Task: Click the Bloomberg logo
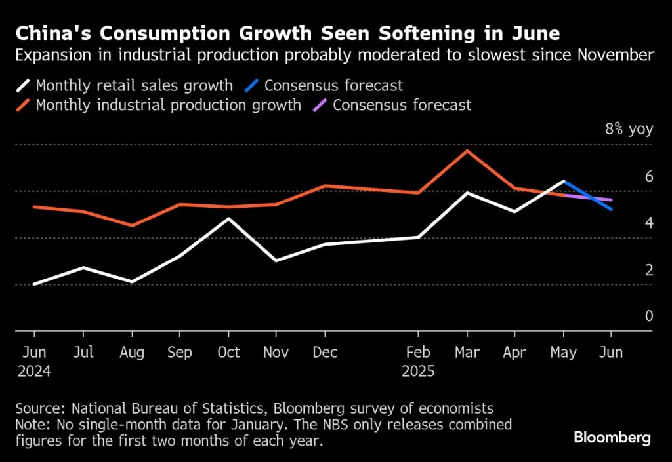click(612, 437)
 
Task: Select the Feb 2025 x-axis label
click(418, 361)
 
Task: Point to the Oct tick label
click(228, 353)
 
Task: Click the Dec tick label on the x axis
click(325, 353)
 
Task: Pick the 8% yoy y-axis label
click(629, 129)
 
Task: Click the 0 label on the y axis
click(649, 317)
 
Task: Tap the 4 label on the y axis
click(649, 223)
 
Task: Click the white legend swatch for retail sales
click(24, 85)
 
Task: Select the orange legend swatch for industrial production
click(24, 105)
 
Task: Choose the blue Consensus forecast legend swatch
click(251, 85)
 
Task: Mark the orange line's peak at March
click(467, 151)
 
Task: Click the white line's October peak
click(228, 218)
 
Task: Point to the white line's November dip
click(276, 261)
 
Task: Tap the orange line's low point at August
click(132, 225)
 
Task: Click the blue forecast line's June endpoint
click(612, 209)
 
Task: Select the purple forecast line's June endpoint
click(612, 200)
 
